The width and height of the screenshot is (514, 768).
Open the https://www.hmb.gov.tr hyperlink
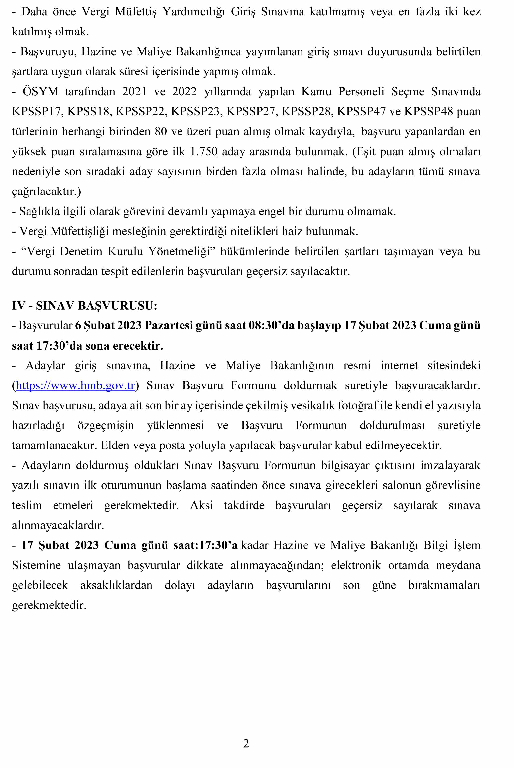pyautogui.click(x=75, y=386)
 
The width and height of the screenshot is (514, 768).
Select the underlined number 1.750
pyautogui.click(x=204, y=152)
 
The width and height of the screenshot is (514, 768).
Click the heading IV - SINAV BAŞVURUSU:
pyautogui.click(x=85, y=306)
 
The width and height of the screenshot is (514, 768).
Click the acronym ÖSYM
pyautogui.click(x=40, y=92)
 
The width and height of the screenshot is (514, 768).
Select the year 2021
pyautogui.click(x=134, y=92)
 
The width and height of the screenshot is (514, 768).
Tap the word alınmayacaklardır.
pyautogui.click(x=58, y=525)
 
